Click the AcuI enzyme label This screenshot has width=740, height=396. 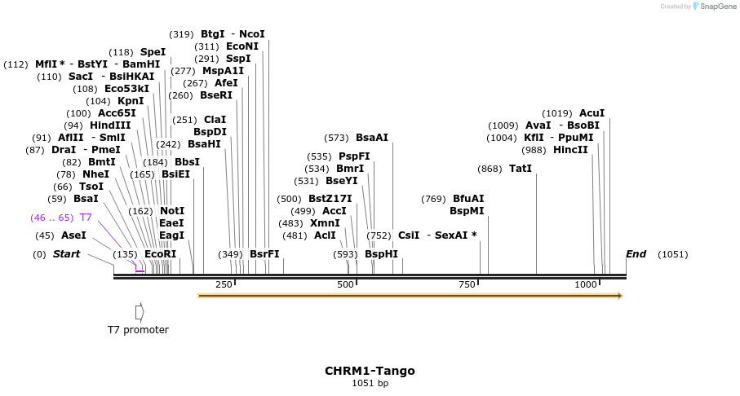[592, 113]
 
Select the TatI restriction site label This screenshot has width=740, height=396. [520, 169]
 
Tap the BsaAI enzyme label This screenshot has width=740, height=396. [372, 138]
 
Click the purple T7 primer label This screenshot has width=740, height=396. [86, 218]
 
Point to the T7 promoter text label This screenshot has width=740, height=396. [138, 330]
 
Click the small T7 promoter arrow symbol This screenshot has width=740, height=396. [140, 312]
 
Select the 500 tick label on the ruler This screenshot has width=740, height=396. [346, 284]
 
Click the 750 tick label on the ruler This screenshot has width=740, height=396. [467, 284]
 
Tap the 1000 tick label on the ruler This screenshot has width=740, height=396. [586, 284]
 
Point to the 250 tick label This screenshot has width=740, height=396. [224, 284]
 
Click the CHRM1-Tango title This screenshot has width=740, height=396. [370, 371]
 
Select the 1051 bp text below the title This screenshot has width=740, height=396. [370, 383]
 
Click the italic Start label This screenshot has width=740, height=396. [66, 254]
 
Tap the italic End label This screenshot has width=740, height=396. [636, 254]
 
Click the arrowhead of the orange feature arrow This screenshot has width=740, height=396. [619, 296]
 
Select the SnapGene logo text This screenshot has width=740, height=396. [716, 7]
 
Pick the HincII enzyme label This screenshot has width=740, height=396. [570, 150]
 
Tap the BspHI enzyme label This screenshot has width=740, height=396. [381, 254]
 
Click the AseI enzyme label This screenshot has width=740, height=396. [73, 235]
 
